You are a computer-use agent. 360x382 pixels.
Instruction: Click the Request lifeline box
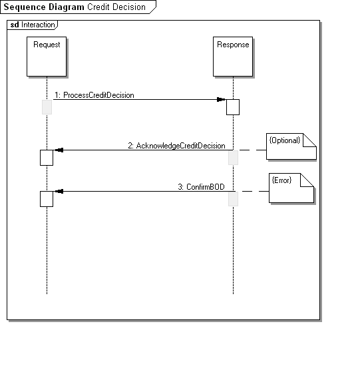coord(47,57)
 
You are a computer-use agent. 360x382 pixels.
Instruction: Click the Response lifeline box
coord(233,57)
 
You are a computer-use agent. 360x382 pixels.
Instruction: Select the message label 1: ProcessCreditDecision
coord(94,95)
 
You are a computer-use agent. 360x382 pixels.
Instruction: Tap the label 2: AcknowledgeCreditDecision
coord(176,146)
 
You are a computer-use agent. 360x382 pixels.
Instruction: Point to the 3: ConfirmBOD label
coord(201,187)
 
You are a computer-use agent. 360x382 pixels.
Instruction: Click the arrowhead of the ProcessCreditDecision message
coord(221,99)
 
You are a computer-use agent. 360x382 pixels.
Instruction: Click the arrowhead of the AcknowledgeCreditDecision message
coord(59,150)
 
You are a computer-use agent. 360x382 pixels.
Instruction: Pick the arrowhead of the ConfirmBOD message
coord(59,192)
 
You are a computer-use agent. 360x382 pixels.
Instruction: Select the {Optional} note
coord(291,146)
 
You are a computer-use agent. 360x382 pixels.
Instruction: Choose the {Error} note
coord(291,188)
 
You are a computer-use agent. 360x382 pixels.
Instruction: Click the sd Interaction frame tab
coord(32,25)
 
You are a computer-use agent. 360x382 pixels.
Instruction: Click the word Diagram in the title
coord(67,7)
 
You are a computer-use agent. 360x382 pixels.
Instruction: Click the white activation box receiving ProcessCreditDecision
coord(233,107)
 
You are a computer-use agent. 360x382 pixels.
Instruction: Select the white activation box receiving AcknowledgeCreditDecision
coord(47,158)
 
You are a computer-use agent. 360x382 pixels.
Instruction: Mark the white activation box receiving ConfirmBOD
coord(47,199)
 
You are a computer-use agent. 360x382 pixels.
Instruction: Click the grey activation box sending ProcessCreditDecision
coord(47,107)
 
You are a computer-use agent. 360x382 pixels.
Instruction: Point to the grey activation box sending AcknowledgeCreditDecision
coord(233,158)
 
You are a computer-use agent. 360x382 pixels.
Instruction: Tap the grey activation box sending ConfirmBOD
coord(233,199)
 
